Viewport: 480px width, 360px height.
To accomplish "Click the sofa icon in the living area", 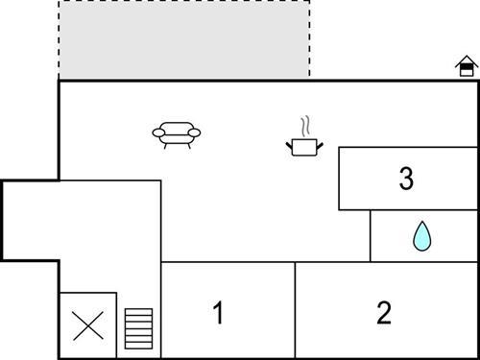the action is point(179,133).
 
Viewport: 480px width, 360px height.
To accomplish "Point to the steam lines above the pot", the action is point(305,126).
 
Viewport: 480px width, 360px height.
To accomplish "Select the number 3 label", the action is point(406,179).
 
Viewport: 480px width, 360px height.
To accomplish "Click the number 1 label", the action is point(218,313).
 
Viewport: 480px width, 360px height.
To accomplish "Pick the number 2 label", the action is point(384,313).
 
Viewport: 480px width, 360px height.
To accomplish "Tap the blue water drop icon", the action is point(421,236).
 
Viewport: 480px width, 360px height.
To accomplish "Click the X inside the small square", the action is point(88,325).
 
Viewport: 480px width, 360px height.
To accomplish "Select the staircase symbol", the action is point(139,328).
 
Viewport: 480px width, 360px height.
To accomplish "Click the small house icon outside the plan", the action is point(467,66).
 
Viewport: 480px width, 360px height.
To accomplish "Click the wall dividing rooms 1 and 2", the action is point(295,309).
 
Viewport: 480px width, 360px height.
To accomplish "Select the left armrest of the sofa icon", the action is point(156,132).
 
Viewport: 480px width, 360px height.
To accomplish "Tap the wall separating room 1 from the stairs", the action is point(160,309).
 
